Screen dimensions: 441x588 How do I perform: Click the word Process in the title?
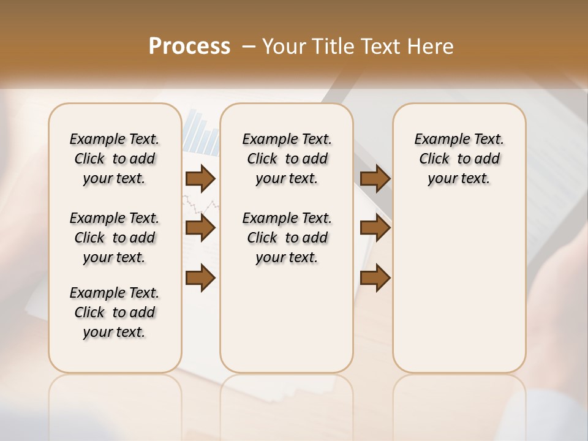(x=189, y=47)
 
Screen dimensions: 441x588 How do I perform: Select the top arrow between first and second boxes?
(x=200, y=178)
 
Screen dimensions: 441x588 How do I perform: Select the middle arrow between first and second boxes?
(x=200, y=228)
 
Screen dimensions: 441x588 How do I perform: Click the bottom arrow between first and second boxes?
(x=200, y=277)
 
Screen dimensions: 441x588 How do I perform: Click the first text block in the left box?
(x=115, y=159)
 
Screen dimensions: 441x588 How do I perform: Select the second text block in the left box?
(x=115, y=238)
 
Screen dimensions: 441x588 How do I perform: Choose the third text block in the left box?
(x=115, y=312)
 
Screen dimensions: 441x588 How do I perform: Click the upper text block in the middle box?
(x=287, y=159)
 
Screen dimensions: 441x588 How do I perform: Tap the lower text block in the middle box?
(x=287, y=238)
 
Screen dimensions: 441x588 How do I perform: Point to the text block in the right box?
(x=459, y=159)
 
